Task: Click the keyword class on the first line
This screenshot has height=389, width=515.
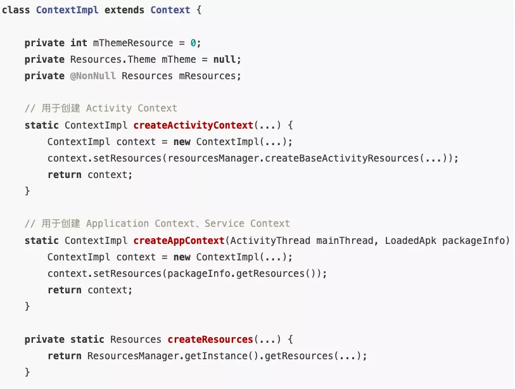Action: [16, 10]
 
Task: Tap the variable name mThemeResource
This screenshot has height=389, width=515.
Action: [133, 43]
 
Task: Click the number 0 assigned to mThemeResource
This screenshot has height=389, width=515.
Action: [195, 43]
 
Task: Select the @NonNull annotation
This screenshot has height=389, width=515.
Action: [93, 76]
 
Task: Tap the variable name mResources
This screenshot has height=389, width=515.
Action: [207, 76]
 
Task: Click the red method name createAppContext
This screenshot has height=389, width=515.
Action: [179, 241]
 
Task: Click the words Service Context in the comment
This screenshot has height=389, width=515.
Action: [247, 224]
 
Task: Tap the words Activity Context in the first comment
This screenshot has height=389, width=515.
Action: [132, 108]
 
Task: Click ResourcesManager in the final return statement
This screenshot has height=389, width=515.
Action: [133, 356]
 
